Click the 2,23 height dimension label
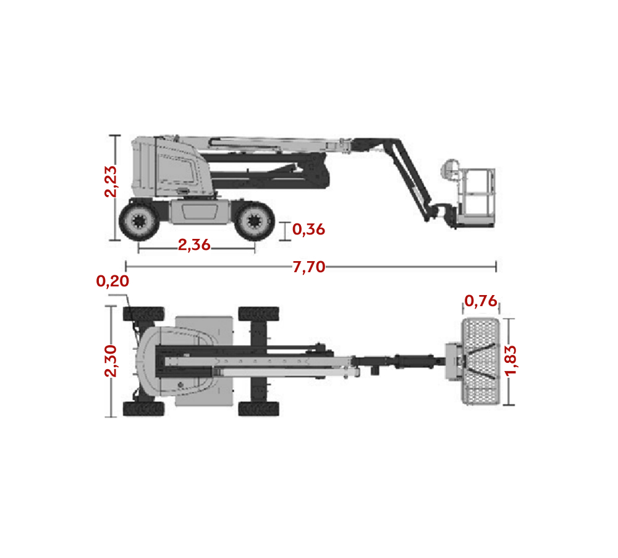[x=111, y=181]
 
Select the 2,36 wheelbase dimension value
[x=194, y=245]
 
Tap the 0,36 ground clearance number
[x=308, y=229]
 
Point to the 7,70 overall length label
[x=308, y=267]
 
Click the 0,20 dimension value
[x=112, y=281]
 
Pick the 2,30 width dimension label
[x=111, y=361]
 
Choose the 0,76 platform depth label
[x=481, y=301]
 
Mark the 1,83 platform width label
[x=510, y=360]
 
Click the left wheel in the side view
[x=139, y=221]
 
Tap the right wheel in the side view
[x=254, y=221]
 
